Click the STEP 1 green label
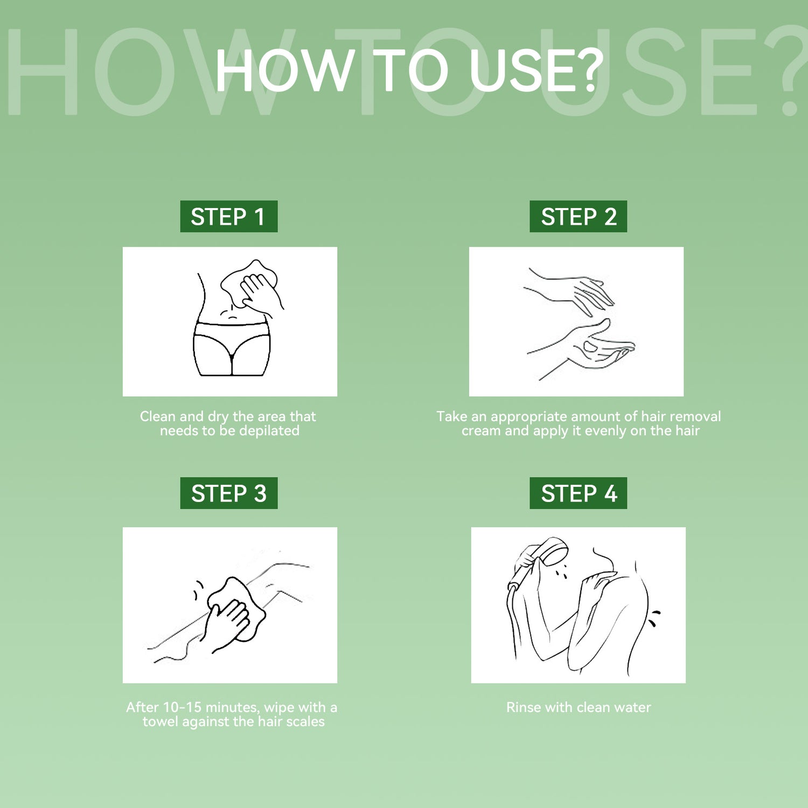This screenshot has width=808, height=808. tap(229, 217)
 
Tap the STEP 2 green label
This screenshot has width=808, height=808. tap(579, 217)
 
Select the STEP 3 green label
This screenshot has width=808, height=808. tap(229, 493)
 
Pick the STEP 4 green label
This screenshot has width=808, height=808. tap(579, 493)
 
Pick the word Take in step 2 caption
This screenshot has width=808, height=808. tap(451, 416)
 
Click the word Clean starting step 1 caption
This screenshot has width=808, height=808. tap(158, 416)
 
